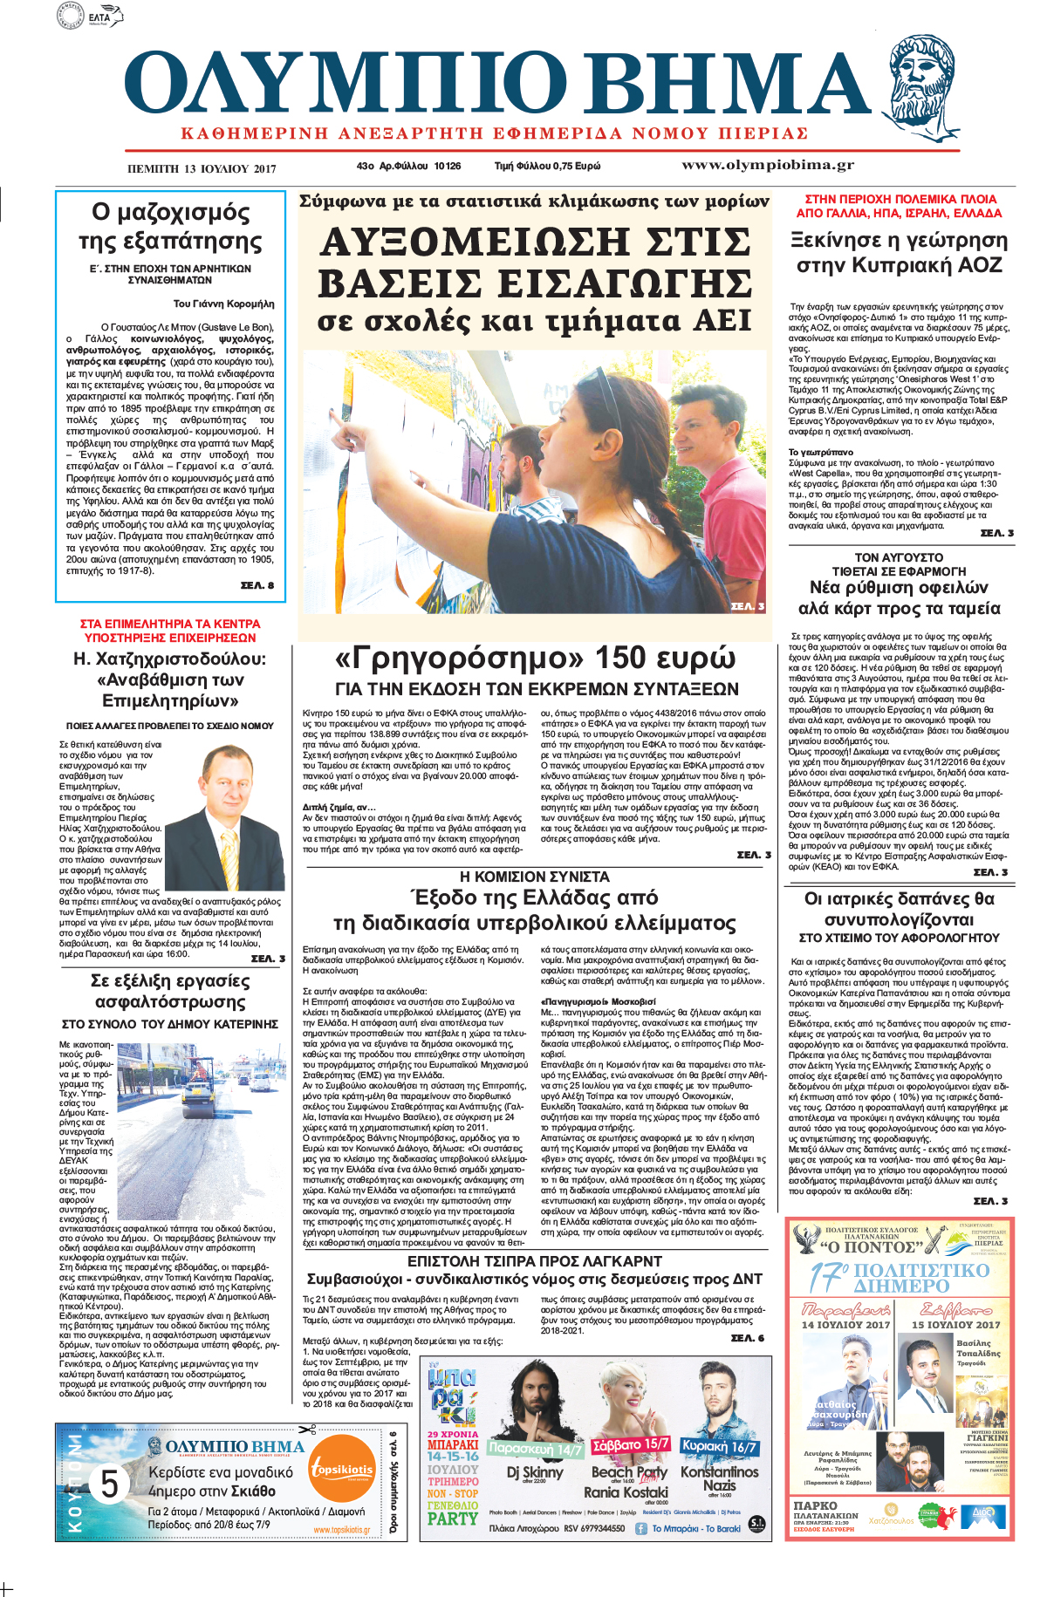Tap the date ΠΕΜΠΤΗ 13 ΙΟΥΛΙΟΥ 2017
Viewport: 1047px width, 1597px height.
pyautogui.click(x=202, y=168)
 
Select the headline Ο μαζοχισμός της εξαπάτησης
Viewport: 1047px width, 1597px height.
pyautogui.click(x=170, y=226)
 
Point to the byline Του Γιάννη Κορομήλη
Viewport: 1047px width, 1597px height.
pyautogui.click(x=223, y=304)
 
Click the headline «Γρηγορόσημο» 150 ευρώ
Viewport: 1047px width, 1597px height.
pyautogui.click(x=536, y=658)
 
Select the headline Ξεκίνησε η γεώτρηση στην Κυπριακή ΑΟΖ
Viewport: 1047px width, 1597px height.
pyautogui.click(x=899, y=252)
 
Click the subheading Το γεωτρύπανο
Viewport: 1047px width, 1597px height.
pyautogui.click(x=821, y=452)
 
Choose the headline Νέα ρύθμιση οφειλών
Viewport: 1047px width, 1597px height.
pyautogui.click(x=899, y=587)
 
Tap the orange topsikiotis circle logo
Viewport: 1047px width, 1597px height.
pyautogui.click(x=342, y=1471)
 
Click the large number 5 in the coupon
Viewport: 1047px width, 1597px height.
pyautogui.click(x=109, y=1484)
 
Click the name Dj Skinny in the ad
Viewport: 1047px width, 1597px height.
pyautogui.click(x=534, y=1471)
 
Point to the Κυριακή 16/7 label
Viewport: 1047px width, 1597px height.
pyautogui.click(x=720, y=1446)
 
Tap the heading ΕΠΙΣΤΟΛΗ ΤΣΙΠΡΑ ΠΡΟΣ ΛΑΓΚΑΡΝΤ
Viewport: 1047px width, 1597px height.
pyautogui.click(x=534, y=1261)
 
